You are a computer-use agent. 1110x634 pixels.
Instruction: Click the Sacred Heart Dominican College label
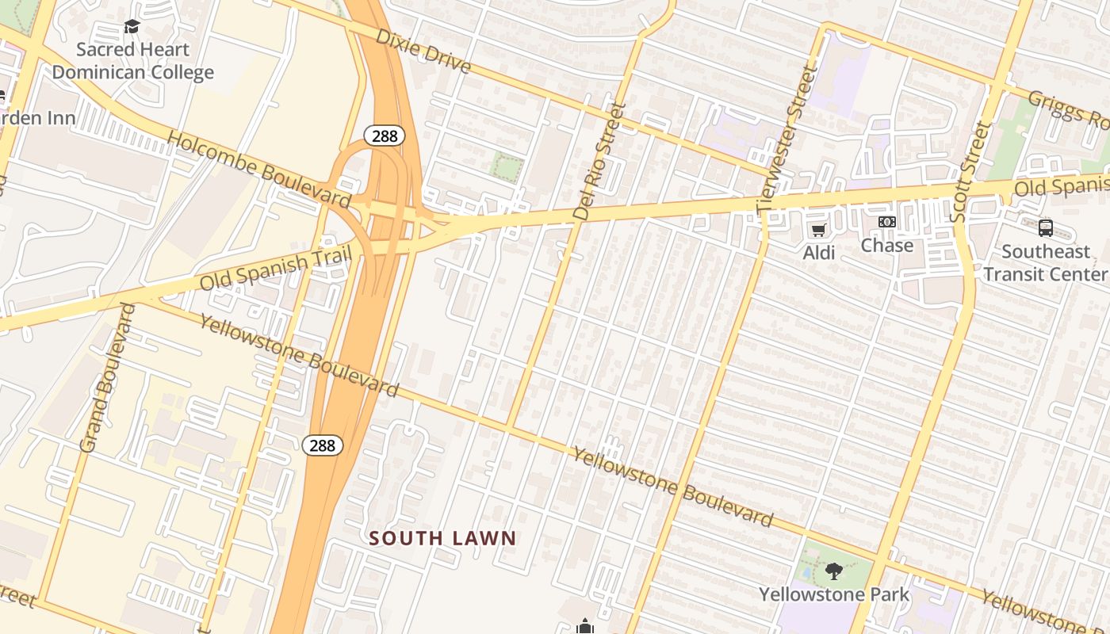(132, 61)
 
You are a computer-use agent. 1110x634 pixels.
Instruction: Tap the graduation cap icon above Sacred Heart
(132, 27)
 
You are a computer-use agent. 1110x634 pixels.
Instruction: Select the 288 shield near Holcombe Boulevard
(385, 136)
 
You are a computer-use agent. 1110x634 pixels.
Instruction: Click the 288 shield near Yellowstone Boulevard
(323, 445)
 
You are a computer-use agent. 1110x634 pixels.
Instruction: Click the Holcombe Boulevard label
(259, 170)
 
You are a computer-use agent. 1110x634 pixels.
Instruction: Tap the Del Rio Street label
(599, 162)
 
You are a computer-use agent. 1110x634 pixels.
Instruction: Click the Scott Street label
(970, 171)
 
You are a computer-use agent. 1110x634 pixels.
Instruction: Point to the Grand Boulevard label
(109, 378)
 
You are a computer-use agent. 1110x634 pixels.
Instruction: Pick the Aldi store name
(819, 253)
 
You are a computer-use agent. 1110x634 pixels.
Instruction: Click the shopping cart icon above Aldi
(818, 231)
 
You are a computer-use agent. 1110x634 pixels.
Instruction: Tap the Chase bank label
(887, 246)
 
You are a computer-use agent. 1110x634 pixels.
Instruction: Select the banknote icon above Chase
(887, 223)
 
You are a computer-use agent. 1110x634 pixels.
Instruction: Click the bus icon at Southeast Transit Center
(1045, 228)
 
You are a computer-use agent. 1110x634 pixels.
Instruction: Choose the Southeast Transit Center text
(1045, 263)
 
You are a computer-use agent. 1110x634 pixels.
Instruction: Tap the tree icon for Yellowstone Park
(833, 571)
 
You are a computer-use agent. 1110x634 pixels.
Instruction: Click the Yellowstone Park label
(834, 594)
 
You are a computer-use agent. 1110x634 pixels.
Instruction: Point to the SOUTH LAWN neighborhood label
(442, 539)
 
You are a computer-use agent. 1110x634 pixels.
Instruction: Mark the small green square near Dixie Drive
(507, 167)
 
